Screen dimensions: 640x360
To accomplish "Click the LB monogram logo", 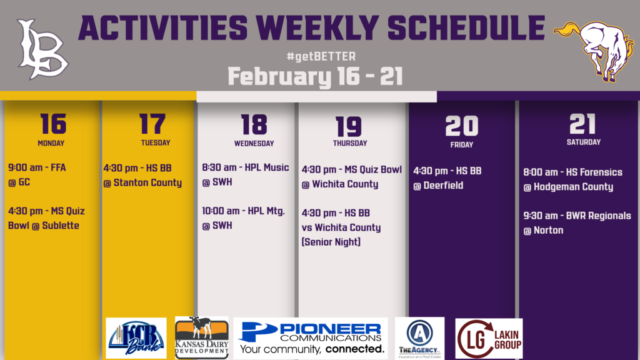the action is click(x=42, y=49).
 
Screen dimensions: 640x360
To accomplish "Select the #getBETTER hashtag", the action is click(x=321, y=56).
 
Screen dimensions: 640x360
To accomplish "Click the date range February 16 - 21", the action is click(x=315, y=77).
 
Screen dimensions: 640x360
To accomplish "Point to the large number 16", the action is click(x=53, y=124).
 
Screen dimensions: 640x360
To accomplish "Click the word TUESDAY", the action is click(x=156, y=143).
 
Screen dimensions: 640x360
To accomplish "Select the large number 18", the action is click(x=254, y=124).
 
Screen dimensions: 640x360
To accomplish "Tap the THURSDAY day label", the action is click(x=350, y=143).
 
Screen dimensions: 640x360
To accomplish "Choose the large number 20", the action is click(x=462, y=126).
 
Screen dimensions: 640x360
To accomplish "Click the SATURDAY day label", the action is click(x=584, y=142).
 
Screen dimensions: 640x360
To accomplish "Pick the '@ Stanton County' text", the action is click(x=142, y=183).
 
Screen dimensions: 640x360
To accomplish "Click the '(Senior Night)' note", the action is click(x=331, y=242).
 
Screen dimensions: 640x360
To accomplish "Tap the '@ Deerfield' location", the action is click(x=438, y=185).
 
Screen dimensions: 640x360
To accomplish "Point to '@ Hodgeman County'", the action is click(x=568, y=187).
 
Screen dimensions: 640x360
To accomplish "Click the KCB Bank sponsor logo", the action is click(x=136, y=338).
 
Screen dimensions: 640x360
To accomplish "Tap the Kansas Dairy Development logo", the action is click(x=202, y=338).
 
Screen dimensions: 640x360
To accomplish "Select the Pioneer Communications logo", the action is click(x=311, y=338).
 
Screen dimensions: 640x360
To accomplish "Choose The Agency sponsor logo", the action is click(x=419, y=338).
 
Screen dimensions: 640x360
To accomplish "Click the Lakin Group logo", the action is click(x=489, y=338).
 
